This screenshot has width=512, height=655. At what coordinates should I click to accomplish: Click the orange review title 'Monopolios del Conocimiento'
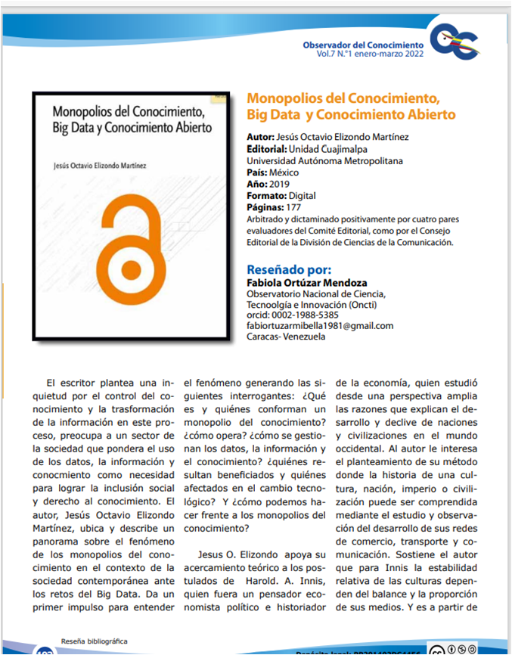click(344, 99)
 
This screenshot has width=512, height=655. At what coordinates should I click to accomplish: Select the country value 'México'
click(290, 172)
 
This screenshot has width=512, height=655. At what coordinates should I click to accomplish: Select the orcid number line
click(293, 315)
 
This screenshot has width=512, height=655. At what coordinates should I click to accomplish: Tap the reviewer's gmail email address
click(320, 325)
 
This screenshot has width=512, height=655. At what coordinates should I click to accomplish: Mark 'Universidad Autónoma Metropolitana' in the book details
click(325, 161)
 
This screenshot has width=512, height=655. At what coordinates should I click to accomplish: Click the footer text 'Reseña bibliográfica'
click(95, 640)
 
